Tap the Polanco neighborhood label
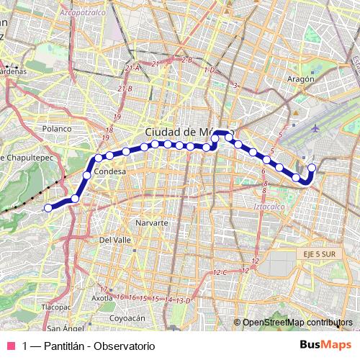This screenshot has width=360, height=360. click(58, 128)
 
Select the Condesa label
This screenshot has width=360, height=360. click(110, 172)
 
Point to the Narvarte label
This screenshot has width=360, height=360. click(150, 223)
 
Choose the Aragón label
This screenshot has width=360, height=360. click(301, 79)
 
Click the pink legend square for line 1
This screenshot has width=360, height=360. click(11, 346)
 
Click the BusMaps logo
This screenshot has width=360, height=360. click(325, 345)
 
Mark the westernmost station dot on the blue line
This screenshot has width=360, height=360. click(48, 208)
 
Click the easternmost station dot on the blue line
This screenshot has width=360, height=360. click(312, 168)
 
